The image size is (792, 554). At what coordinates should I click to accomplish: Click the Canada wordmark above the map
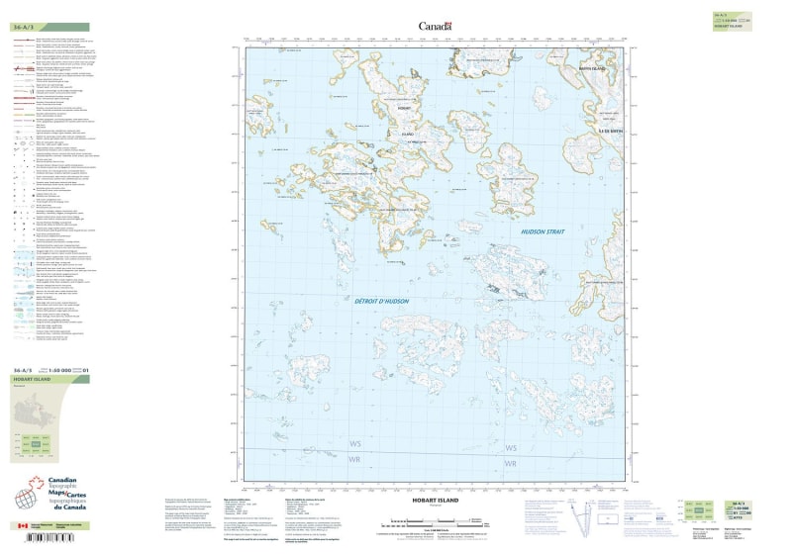[435, 27]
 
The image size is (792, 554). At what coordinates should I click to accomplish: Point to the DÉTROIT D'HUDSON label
[381, 300]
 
